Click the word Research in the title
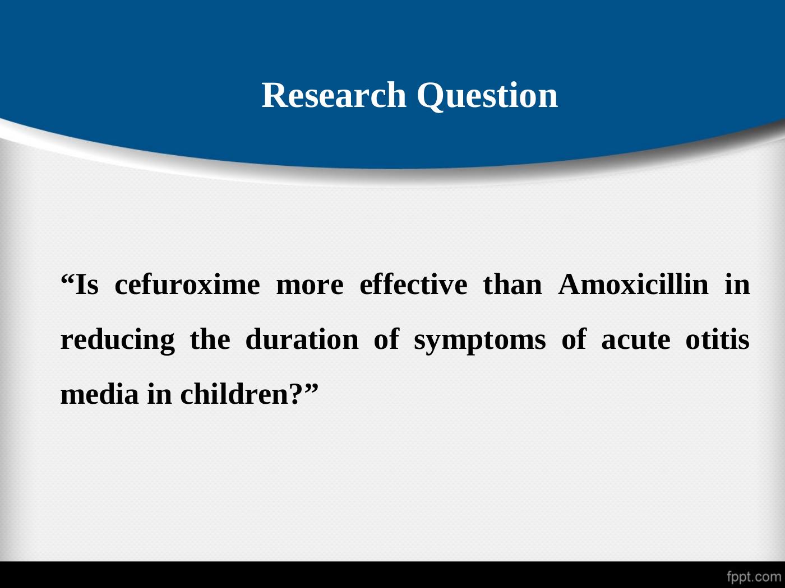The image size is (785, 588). click(x=334, y=95)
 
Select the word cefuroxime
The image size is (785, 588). click(x=187, y=285)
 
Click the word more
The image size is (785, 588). click(x=310, y=287)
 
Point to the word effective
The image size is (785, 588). click(x=413, y=285)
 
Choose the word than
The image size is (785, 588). click(x=512, y=285)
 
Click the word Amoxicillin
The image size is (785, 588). click(x=634, y=285)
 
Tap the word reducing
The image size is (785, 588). click(x=118, y=341)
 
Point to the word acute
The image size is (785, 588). click(x=636, y=341)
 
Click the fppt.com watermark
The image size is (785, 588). click(x=754, y=576)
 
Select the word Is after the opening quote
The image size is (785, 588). click(x=86, y=285)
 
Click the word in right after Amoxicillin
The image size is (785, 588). click(x=737, y=285)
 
